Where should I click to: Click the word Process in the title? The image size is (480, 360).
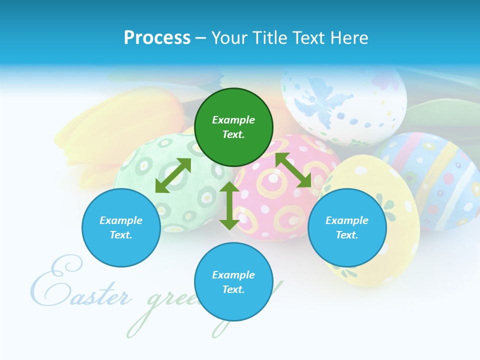click(157, 38)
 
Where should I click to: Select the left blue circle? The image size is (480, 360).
click(121, 227)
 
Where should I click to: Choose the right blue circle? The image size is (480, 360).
click(347, 227)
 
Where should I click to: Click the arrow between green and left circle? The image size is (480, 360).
click(173, 175)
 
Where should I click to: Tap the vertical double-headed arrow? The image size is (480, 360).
click(229, 205)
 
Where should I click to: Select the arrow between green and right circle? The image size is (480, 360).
click(293, 170)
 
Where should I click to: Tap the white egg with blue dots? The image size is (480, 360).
click(345, 105)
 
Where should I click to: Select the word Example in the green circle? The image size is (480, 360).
click(233, 120)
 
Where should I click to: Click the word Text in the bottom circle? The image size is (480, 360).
click(233, 289)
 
